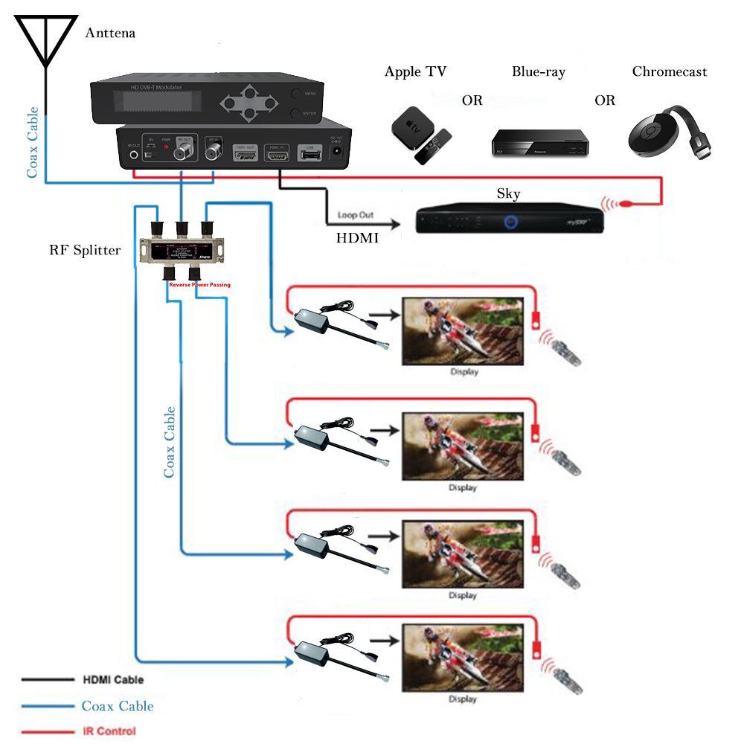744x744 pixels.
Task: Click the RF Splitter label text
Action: [x=85, y=250]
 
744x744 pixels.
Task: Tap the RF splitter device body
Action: [x=181, y=251]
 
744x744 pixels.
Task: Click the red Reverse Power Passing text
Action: [x=199, y=285]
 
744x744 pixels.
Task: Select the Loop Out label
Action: [x=356, y=215]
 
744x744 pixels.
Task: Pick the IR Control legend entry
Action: [x=109, y=731]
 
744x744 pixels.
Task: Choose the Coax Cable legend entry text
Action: [x=118, y=706]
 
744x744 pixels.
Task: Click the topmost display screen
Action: [x=463, y=330]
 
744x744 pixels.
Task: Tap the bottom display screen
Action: [x=463, y=658]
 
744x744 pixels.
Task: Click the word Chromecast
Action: [x=669, y=72]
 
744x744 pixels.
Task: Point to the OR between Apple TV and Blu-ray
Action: [x=472, y=100]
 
